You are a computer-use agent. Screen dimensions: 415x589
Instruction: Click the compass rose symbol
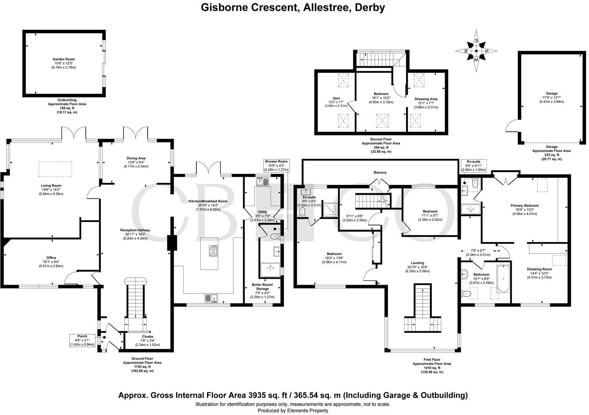pos(477,51)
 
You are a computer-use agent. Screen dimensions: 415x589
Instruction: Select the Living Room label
pos(51,185)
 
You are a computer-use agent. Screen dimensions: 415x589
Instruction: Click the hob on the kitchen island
pos(213,250)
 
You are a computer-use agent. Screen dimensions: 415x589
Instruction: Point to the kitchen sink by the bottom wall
pos(210,298)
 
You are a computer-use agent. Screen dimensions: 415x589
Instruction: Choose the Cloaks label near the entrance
pos(147,337)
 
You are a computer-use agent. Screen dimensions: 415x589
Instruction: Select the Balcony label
pos(380,173)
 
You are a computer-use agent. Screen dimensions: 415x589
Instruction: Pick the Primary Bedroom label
pos(524,206)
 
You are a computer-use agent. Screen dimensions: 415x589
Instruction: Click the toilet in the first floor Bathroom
pos(466,293)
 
